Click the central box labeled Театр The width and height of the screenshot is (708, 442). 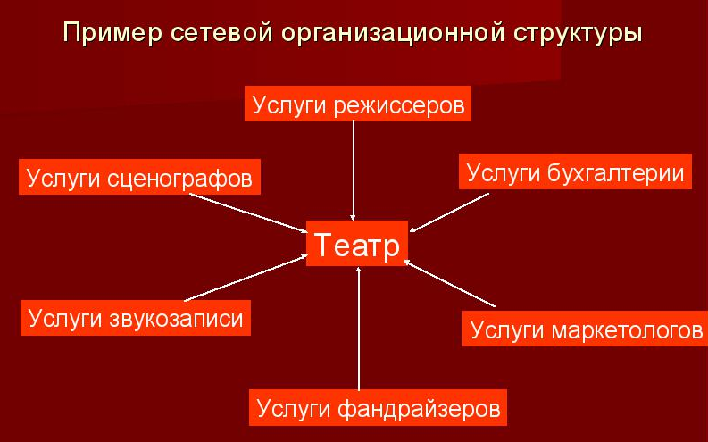coord(357,244)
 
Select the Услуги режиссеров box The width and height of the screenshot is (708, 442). coord(358,104)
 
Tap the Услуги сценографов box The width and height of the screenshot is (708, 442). coord(139,177)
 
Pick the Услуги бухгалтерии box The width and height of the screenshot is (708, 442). coord(575,171)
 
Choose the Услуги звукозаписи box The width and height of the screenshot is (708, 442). coord(136,318)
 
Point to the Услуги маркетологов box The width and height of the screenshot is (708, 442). coord(585,329)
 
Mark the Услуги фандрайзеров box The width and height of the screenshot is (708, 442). coord(378,408)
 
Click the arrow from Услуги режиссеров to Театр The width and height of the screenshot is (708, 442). coord(354,171)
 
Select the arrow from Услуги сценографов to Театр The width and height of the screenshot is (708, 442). coord(248,213)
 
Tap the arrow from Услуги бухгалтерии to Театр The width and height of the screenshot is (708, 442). coord(449,213)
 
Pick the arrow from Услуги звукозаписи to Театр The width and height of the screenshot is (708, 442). coord(246,278)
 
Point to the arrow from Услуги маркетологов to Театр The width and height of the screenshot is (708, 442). coord(449,284)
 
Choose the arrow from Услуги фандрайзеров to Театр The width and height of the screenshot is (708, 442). coord(359,329)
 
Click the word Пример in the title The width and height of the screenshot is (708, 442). coord(112,33)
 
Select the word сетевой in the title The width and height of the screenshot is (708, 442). coord(221,32)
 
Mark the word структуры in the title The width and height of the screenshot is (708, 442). coord(578,33)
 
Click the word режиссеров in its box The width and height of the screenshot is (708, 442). coord(400,105)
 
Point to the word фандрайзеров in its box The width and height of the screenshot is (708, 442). coord(419,409)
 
